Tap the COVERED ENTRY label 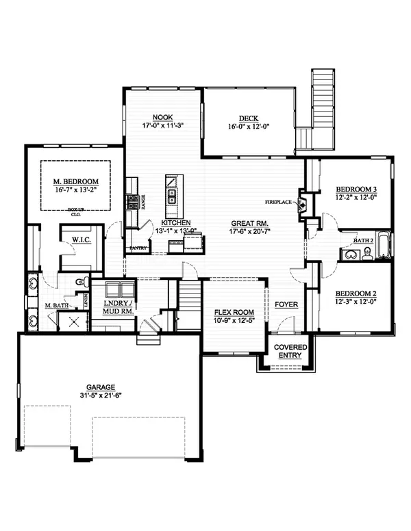click(x=290, y=352)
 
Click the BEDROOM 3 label click(x=358, y=189)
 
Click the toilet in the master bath click(x=80, y=282)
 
